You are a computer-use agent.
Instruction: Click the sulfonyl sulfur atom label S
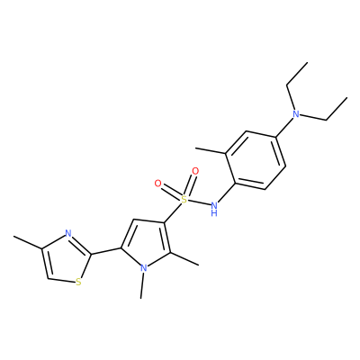[184, 198]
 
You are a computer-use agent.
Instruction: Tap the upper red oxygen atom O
[195, 171]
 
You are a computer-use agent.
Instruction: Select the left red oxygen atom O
[158, 184]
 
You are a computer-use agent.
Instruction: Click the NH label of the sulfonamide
[214, 209]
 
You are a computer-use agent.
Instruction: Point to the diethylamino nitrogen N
[296, 114]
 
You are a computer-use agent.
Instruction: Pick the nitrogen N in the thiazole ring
[68, 233]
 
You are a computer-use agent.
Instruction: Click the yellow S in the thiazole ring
[78, 282]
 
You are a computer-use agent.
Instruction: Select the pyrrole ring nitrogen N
[144, 267]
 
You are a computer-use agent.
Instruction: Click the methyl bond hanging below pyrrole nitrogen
[142, 285]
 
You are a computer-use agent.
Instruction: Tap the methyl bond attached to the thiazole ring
[27, 242]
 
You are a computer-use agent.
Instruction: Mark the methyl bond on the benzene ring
[211, 150]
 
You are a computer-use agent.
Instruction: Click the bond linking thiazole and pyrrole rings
[106, 251]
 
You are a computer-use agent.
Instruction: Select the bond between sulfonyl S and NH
[199, 202]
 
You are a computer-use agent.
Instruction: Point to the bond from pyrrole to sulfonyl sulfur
[173, 213]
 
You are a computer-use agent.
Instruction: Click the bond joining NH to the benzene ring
[228, 192]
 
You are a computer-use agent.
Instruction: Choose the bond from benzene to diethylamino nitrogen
[283, 128]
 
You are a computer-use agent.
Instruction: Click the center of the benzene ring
[256, 160]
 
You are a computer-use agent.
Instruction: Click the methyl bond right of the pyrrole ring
[184, 259]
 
